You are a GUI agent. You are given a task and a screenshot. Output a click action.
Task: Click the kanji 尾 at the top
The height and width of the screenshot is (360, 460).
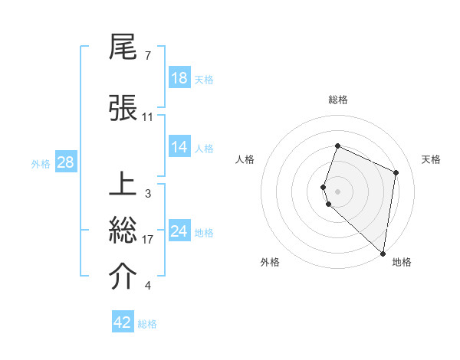(x=124, y=50)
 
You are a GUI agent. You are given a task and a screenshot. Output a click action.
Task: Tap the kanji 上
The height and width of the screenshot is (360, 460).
(x=124, y=185)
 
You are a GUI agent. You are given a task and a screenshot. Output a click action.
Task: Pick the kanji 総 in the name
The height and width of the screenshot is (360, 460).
(x=124, y=231)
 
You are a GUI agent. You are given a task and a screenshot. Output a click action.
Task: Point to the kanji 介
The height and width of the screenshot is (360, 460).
(x=124, y=277)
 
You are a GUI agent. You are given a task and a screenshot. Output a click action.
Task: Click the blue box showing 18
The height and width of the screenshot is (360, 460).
(x=179, y=78)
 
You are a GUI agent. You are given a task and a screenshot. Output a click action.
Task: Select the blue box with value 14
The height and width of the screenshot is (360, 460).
(x=179, y=147)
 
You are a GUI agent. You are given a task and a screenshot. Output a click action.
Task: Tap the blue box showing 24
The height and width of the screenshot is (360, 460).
(x=179, y=231)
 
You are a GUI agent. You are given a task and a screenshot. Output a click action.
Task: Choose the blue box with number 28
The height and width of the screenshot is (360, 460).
(x=65, y=163)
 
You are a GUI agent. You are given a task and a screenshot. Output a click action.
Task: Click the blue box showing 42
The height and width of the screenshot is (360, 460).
(x=123, y=322)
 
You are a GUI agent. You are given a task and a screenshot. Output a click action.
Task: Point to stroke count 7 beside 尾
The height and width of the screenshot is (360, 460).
(x=147, y=56)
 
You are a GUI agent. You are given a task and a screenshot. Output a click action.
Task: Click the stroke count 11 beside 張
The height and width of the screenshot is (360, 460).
(x=148, y=117)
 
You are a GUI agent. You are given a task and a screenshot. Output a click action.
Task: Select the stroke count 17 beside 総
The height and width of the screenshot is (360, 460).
(x=148, y=240)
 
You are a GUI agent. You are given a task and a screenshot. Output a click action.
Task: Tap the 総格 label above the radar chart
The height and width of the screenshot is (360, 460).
(x=338, y=100)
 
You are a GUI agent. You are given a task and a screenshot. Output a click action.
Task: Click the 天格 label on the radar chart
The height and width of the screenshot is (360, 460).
(x=432, y=159)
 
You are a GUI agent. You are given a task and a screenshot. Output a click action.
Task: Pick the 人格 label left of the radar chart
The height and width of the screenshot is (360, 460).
(x=245, y=159)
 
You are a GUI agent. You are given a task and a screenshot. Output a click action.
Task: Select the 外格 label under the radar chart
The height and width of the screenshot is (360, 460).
(x=270, y=262)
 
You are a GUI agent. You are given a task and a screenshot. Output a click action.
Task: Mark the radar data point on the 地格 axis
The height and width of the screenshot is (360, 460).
(x=383, y=254)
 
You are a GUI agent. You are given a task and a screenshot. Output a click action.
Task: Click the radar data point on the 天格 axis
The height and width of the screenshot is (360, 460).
(x=396, y=172)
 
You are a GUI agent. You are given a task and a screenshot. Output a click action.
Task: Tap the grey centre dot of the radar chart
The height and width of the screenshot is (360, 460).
(x=338, y=191)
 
